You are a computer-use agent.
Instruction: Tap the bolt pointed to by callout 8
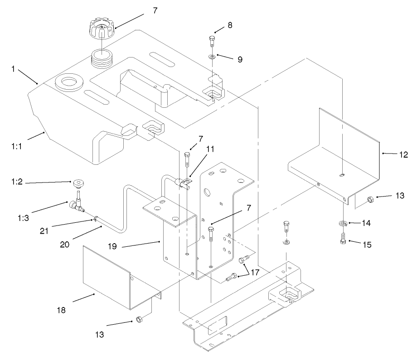coord(212,42)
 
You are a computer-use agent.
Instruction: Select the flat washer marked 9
coord(212,57)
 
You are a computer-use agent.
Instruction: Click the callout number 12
coord(403,154)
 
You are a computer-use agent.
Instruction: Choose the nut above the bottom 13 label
coord(138,320)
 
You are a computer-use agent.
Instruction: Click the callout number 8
coord(230,26)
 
